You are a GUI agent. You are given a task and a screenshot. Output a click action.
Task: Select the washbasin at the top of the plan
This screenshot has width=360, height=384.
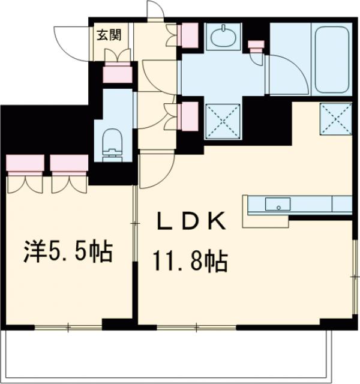coord(223,37)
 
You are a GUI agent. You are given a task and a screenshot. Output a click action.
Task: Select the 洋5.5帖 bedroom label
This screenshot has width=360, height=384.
coord(67,252)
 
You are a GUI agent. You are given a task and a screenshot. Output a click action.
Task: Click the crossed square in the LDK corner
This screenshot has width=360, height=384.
coord(335,119)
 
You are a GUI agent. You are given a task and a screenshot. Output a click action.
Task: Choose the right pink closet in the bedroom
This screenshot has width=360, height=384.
coord(69,163)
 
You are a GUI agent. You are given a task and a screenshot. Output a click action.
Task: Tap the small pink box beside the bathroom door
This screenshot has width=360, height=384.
coord(256,46)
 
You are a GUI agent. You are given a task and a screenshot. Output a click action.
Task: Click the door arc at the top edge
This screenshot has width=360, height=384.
coord(155,10)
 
